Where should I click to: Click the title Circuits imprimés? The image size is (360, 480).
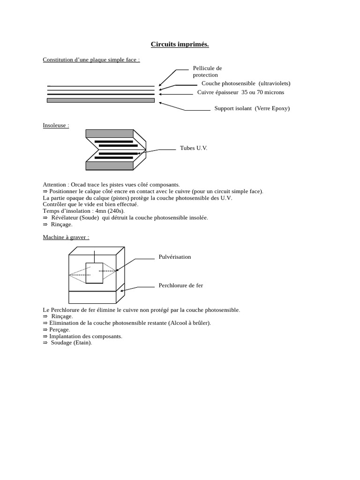[x=180, y=45]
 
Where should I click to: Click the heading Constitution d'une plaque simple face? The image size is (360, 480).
[x=91, y=60]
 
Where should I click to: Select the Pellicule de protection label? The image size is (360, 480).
[x=207, y=71]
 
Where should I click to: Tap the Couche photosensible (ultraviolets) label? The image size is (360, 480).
[x=246, y=83]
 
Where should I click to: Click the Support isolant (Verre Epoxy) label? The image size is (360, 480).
[x=252, y=108]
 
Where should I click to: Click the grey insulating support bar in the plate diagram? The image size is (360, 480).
[x=101, y=100]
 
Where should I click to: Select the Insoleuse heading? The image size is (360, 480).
[x=56, y=126]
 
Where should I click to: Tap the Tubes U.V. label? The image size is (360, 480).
[x=194, y=148]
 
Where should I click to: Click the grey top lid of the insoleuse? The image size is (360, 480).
[x=110, y=134]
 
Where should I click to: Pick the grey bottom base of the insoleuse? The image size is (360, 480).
[x=110, y=165]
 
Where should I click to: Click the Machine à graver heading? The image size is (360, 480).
[x=66, y=237]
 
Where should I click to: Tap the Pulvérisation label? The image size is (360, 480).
[x=175, y=257]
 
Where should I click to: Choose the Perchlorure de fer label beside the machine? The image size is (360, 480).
[x=180, y=285]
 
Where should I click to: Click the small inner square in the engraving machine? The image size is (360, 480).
[x=94, y=273]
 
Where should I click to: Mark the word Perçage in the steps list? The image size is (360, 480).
[x=60, y=330]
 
